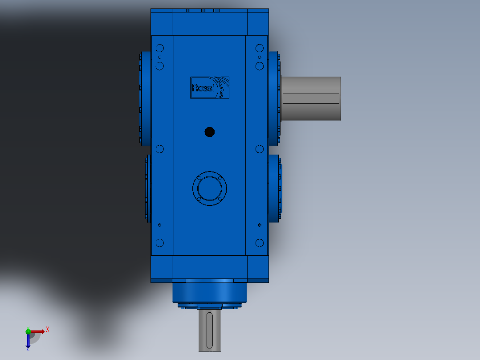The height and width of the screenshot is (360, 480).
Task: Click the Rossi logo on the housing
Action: coord(210,87)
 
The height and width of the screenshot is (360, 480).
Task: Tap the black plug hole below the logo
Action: coord(209,132)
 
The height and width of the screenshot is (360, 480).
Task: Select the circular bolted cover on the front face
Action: coord(209,188)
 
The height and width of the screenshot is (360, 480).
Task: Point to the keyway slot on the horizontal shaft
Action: coord(311,99)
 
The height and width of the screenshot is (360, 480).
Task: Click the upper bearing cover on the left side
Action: coord(145,98)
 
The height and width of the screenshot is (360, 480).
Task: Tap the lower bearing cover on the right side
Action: coord(274,188)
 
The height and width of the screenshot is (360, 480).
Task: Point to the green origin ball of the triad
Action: coord(28,331)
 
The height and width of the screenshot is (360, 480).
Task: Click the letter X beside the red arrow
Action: coord(48,329)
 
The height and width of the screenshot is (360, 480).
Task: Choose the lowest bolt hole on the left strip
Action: coord(160,243)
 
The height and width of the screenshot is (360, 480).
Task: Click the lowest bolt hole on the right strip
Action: coord(260,243)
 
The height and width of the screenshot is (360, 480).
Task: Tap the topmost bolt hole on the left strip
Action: coord(160,48)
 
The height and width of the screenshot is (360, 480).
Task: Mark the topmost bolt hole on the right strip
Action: coord(260,48)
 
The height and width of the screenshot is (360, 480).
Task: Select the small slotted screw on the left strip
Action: coord(160,225)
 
